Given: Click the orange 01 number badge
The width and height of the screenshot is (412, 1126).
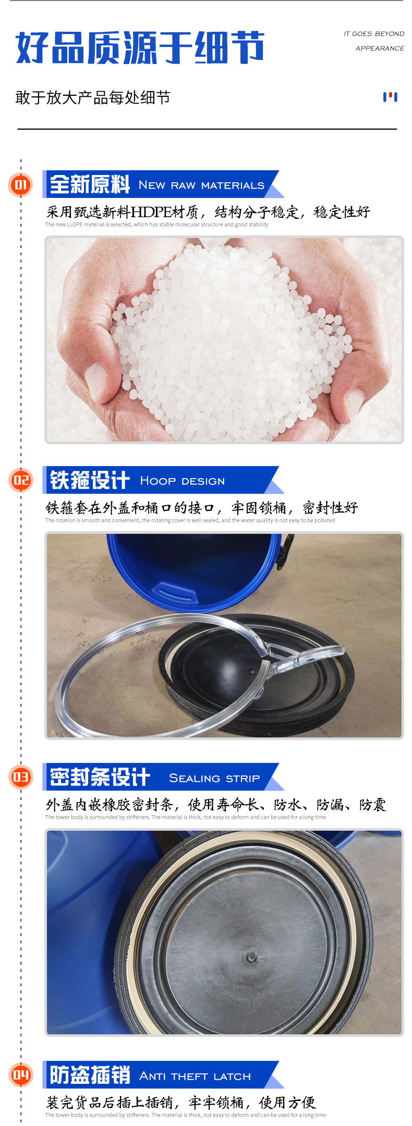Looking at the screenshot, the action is pos(21,184).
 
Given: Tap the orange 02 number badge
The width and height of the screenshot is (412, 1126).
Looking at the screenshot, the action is pos(21,480).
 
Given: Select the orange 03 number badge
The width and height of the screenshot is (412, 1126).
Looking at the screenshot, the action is pos(21,777).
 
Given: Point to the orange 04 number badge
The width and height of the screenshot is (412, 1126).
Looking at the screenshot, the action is pos(21,1075).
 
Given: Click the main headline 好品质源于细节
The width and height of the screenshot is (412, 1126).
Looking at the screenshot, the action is pos(140,47).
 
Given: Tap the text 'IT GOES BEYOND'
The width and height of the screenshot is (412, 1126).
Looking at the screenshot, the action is pos(374,34).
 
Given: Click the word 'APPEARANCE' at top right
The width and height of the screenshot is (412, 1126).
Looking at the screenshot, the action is pos(380,48).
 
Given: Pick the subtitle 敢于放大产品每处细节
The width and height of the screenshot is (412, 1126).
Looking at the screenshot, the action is pos(93,97).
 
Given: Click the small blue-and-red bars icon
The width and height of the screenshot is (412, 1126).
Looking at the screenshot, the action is pos(390,97).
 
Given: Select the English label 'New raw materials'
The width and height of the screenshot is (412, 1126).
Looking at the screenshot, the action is pos(201,185).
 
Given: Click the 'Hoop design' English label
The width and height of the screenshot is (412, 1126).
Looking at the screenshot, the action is pos(182,481).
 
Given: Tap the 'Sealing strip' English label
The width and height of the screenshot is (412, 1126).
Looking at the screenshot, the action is pos(214,778).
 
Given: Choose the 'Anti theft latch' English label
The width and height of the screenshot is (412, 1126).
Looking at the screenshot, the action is pos(195,1076).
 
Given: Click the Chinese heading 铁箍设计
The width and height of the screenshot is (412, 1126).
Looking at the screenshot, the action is pos(90,480).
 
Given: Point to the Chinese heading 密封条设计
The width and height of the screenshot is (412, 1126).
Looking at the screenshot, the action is pos(100,777).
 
